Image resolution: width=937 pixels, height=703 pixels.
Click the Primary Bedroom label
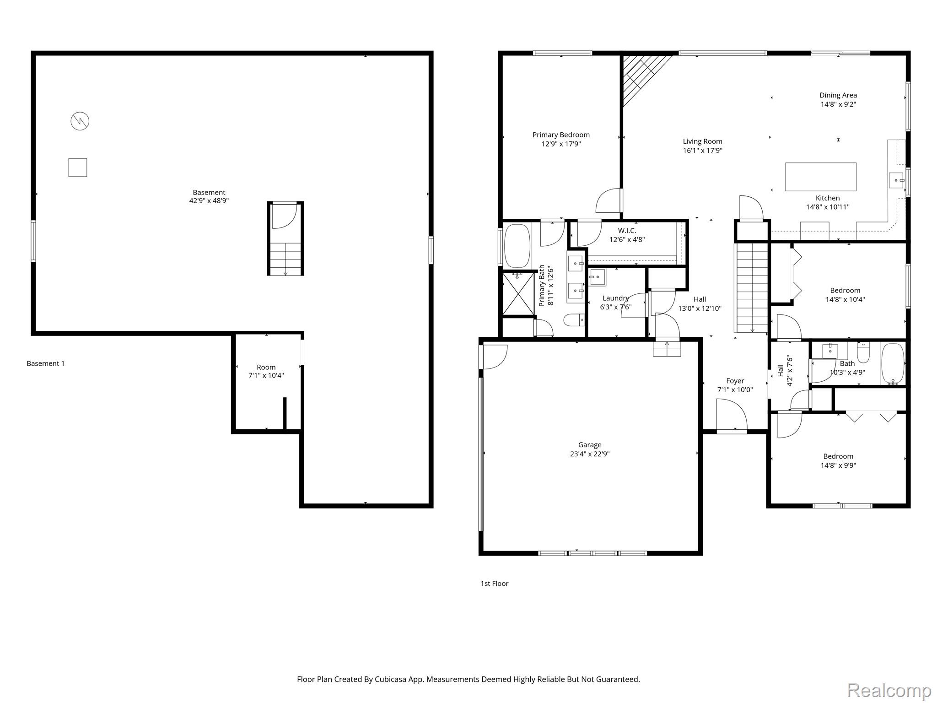[560, 135]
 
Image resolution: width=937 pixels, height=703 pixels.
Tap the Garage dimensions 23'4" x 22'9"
[589, 454]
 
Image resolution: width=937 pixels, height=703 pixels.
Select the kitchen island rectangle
[820, 177]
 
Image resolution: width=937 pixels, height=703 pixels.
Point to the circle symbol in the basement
[80, 121]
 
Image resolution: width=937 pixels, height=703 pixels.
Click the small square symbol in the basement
[77, 167]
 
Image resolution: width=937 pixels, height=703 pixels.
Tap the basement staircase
[285, 258]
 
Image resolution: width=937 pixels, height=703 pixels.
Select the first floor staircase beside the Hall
[751, 287]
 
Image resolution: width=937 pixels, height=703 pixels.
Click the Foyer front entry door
[731, 416]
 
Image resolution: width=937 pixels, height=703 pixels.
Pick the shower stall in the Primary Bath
[518, 293]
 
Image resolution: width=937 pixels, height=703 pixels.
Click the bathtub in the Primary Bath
[517, 245]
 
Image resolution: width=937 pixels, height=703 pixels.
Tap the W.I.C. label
[627, 231]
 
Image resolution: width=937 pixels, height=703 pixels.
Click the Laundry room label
[615, 298]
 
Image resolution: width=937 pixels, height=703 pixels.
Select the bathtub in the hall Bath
[892, 363]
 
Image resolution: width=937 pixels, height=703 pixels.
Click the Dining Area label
[838, 95]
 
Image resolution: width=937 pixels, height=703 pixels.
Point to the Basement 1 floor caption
[45, 363]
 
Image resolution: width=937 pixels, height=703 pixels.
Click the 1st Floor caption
[494, 583]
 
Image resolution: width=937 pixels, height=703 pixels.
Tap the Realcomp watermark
[889, 690]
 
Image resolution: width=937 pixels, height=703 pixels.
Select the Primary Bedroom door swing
[609, 201]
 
